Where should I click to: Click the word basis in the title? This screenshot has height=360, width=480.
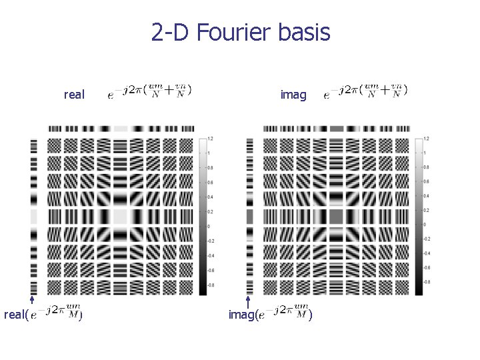(304, 31)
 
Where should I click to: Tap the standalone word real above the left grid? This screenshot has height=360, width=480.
(74, 95)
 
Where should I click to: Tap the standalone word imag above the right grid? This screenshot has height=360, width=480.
(293, 95)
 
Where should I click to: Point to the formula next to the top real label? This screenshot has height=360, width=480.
(150, 91)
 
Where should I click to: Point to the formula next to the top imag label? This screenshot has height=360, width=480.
(365, 91)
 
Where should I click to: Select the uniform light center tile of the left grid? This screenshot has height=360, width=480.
(121, 216)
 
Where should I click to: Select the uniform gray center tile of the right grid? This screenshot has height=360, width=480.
(336, 216)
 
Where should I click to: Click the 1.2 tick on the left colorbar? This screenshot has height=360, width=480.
(211, 138)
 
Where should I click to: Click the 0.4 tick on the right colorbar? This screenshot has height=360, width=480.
(426, 197)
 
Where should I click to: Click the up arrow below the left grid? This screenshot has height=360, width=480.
(33, 301)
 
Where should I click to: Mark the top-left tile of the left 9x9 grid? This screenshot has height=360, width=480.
(55, 145)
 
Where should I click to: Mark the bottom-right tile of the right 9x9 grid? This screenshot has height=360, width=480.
(402, 287)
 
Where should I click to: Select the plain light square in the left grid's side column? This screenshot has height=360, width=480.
(34, 216)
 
